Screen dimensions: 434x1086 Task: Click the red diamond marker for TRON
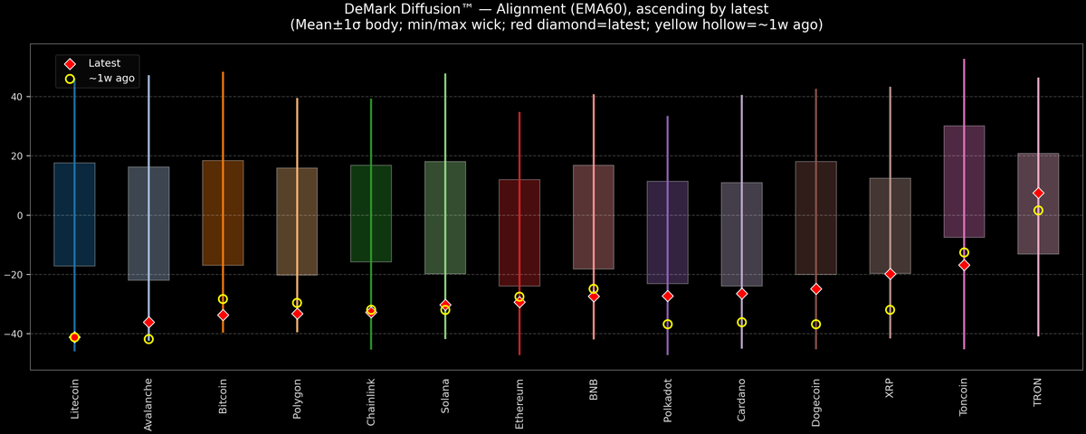point(1038,193)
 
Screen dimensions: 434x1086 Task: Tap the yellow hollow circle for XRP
point(890,310)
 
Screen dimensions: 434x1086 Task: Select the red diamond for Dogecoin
point(815,288)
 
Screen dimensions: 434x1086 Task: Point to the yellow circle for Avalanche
point(148,339)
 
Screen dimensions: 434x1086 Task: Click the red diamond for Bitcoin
point(223,315)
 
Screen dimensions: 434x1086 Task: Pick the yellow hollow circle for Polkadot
point(667,324)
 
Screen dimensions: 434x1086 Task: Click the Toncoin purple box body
point(964,181)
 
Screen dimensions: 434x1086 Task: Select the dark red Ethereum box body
point(519,232)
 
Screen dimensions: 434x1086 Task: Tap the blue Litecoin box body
point(74,214)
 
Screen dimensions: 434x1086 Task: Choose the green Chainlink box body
point(371,213)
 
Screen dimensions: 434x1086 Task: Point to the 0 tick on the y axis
point(23,215)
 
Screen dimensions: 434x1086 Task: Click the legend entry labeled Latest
point(102,63)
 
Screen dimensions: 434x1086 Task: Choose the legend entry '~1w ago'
point(110,79)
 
